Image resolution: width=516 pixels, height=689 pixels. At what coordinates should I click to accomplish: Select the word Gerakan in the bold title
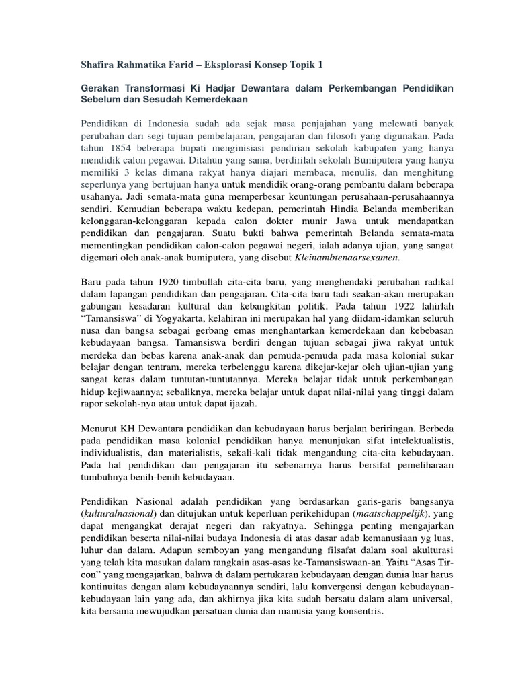point(101,89)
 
